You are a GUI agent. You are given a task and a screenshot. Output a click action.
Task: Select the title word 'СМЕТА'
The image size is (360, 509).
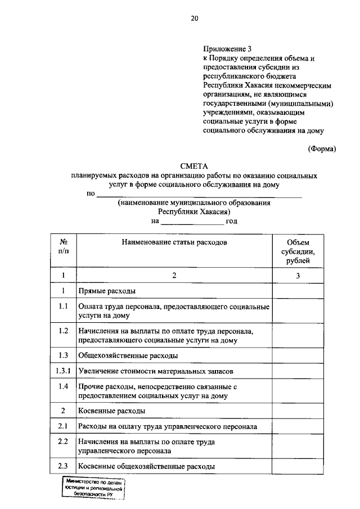coord(194,166)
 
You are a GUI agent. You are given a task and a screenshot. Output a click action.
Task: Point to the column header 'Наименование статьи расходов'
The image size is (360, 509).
coord(174,242)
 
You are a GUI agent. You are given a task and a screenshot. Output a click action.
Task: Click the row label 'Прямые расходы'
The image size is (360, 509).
coord(106,291)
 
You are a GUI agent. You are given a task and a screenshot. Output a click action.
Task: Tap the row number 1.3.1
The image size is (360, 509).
coord(64,371)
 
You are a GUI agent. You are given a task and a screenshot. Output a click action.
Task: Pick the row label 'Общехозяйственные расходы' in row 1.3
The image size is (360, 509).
coord(128,355)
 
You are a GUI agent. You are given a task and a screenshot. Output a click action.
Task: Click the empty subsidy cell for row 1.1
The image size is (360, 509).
coord(298,311)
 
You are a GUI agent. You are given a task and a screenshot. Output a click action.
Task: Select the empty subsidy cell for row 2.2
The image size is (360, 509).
coord(298,447)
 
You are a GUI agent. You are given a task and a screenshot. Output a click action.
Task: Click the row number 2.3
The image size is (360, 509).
coord(64,466)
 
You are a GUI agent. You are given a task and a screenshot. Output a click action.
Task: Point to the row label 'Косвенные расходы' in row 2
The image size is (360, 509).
coord(112,411)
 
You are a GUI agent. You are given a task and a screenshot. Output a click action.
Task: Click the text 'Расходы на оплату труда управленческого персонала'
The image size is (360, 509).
coord(168,426)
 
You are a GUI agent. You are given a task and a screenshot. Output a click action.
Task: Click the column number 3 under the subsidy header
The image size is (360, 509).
coord(298,275)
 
